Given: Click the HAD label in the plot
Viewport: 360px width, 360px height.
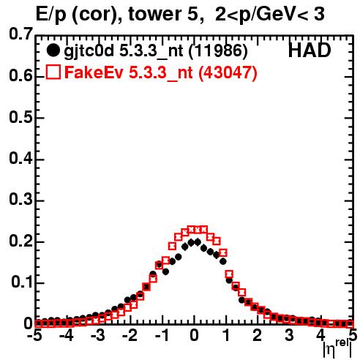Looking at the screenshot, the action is pyautogui.click(x=310, y=50).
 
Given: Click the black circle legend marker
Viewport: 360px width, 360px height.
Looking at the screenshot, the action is pyautogui.click(x=53, y=50).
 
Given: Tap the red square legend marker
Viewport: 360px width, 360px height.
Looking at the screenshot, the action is pyautogui.click(x=53, y=72).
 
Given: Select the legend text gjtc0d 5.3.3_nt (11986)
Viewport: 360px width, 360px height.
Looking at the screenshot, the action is pyautogui.click(x=156, y=51).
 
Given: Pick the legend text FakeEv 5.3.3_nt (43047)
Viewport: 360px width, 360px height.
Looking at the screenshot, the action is pyautogui.click(x=161, y=72).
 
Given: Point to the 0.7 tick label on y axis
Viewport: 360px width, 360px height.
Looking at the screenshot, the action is pyautogui.click(x=21, y=34).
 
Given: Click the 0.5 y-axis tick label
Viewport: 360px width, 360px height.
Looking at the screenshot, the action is pyautogui.click(x=21, y=117).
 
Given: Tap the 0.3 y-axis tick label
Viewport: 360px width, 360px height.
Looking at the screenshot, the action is pyautogui.click(x=21, y=200).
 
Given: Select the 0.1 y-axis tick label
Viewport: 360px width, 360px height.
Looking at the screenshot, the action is pyautogui.click(x=22, y=282).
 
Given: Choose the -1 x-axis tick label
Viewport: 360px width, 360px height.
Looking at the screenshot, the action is pyautogui.click(x=162, y=336).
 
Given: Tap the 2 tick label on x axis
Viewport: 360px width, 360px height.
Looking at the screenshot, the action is pyautogui.click(x=257, y=336).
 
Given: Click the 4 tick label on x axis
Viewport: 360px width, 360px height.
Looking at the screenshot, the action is pyautogui.click(x=321, y=336).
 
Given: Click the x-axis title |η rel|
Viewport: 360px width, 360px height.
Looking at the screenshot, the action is pyautogui.click(x=338, y=350).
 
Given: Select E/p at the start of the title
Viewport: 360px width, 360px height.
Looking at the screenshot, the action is pyautogui.click(x=51, y=15).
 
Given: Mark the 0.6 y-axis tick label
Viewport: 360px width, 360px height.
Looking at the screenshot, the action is pyautogui.click(x=21, y=76).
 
